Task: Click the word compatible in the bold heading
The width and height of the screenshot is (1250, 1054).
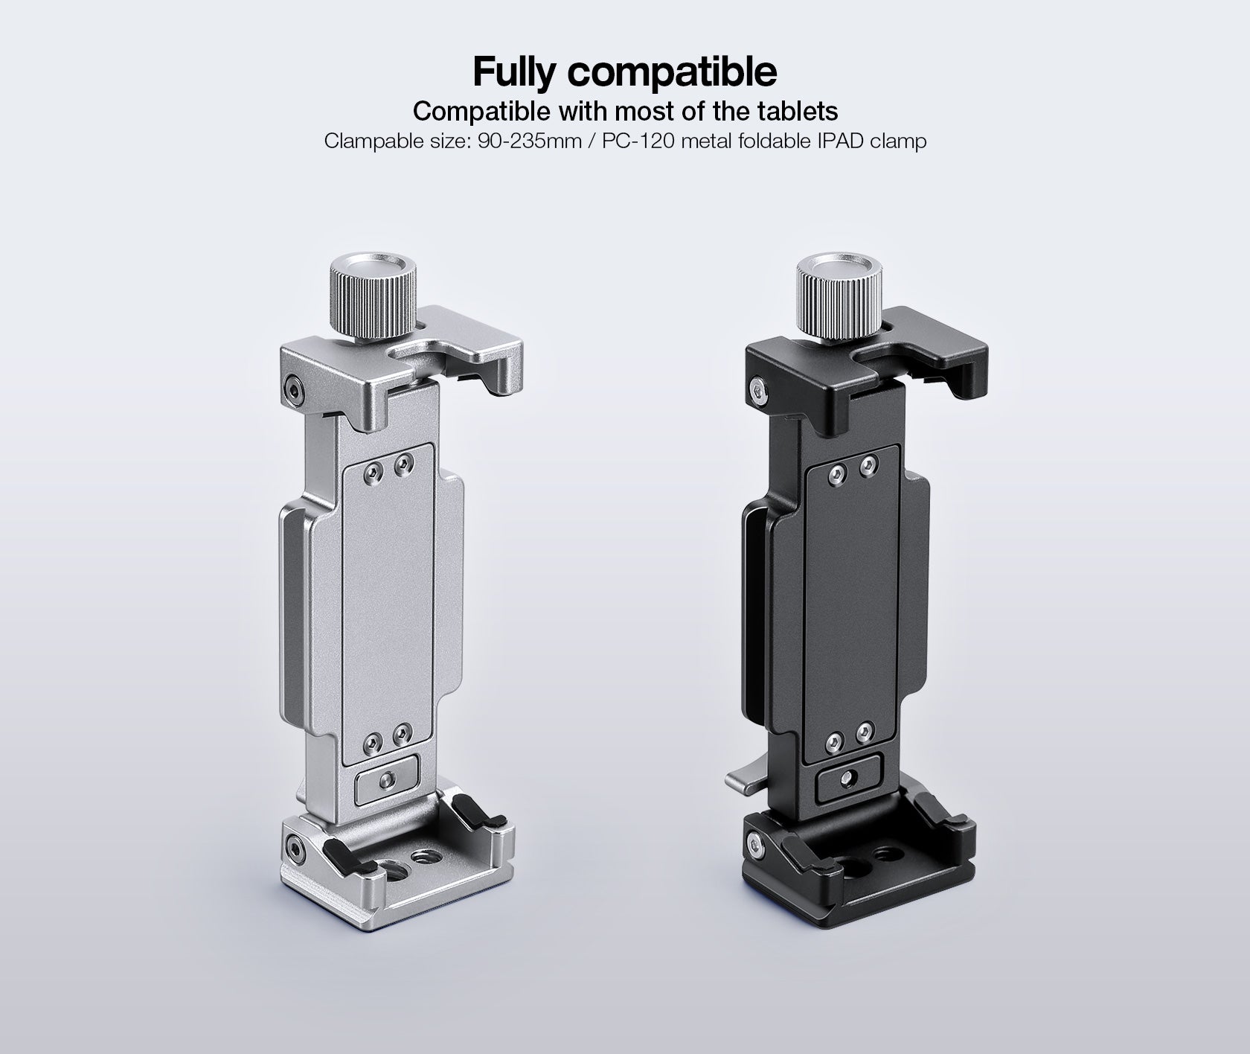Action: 673,72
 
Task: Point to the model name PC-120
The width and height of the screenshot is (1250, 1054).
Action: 635,141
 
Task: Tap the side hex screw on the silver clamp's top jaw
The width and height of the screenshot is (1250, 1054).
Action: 292,386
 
